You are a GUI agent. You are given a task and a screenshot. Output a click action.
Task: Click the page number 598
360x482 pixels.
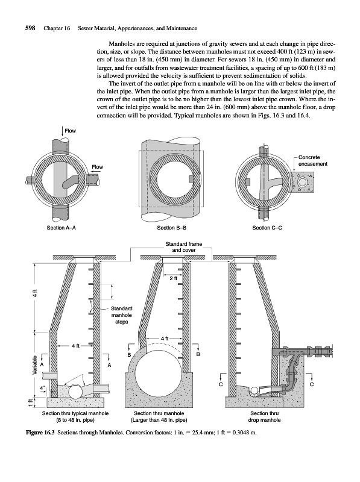pos(30,28)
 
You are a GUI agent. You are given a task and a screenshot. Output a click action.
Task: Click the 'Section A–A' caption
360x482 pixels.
pos(62,228)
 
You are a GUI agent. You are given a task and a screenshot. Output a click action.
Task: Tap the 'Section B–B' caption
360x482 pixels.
pos(172,228)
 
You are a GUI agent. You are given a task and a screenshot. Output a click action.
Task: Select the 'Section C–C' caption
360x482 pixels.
pos(267,228)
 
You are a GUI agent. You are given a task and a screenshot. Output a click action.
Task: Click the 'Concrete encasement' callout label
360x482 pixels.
pos(312,160)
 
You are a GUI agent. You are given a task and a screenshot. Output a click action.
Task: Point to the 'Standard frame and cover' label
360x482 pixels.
pos(184,247)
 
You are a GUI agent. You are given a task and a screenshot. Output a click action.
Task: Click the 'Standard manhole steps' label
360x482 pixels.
pos(121,315)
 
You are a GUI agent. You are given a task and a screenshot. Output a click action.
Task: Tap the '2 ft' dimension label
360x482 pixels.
pos(174,279)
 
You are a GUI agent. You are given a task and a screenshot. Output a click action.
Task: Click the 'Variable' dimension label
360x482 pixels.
pos(36,365)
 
